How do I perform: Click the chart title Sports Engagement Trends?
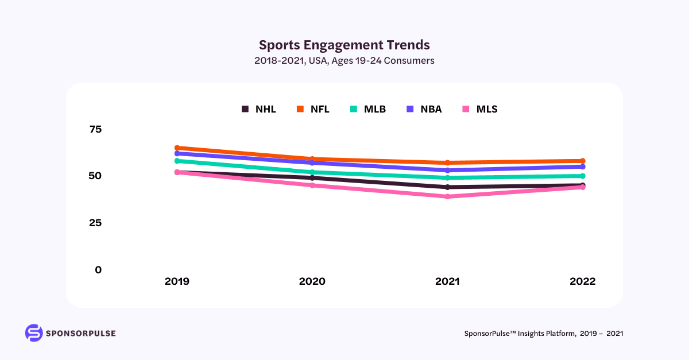(x=344, y=45)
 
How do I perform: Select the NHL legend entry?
(x=258, y=109)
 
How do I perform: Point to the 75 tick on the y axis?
(x=95, y=129)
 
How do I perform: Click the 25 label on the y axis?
(x=95, y=223)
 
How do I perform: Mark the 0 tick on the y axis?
(x=98, y=270)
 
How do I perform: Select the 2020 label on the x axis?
(x=312, y=281)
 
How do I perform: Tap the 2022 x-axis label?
(x=582, y=281)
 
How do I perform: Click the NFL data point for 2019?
(x=177, y=148)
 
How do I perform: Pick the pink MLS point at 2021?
(x=447, y=196)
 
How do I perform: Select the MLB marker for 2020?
(x=312, y=172)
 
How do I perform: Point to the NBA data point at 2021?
(x=447, y=170)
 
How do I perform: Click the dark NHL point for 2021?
(x=447, y=187)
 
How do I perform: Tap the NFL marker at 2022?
(x=582, y=161)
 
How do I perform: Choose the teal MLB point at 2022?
(x=582, y=176)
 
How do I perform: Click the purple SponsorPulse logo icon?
(x=34, y=333)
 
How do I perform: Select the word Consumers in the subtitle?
(x=409, y=60)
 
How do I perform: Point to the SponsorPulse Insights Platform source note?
(x=543, y=334)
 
